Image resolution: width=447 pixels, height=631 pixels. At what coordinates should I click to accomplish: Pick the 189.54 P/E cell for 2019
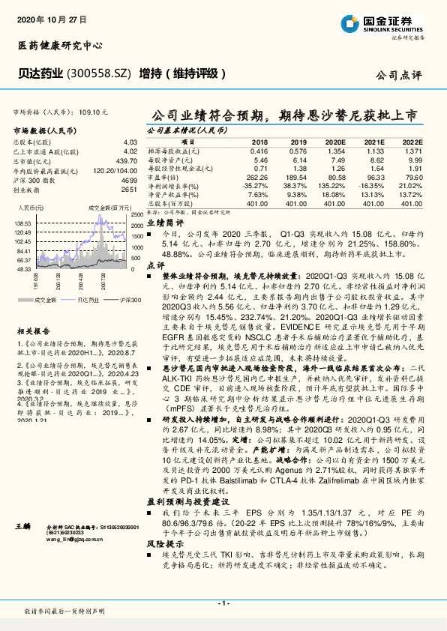pyautogui.click(x=297, y=178)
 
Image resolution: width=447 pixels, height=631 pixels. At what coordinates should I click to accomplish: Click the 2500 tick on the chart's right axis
pyautogui.click(x=136, y=215)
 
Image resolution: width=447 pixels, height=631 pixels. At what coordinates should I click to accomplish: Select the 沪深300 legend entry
pyautogui.click(x=128, y=300)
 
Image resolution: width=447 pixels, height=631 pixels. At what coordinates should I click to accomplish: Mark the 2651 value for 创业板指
pyautogui.click(x=129, y=190)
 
